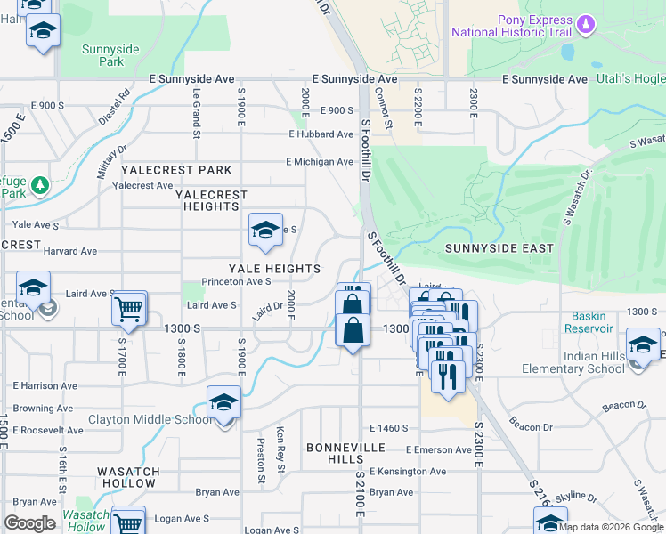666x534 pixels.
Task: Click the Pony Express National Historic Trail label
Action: coord(510,26)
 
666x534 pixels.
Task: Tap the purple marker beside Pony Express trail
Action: coord(586,23)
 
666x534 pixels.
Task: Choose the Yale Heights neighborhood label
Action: coord(274,269)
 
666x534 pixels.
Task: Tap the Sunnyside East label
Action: coord(499,248)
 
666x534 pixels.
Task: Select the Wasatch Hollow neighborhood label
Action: coord(128,478)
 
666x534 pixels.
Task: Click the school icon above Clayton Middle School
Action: coord(223,402)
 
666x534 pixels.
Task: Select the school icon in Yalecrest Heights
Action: coord(264,231)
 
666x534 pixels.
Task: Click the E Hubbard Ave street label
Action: coord(321,134)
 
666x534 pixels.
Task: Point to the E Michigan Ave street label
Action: coord(319,162)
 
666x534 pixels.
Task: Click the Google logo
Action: coord(30,524)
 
